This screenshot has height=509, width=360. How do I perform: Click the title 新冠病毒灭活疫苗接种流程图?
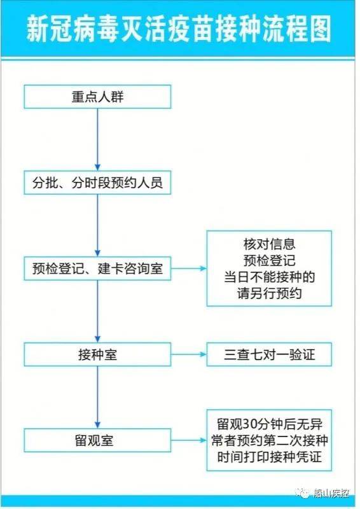point(180,29)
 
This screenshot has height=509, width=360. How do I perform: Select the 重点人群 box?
point(97,97)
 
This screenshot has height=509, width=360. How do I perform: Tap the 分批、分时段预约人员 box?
point(97,183)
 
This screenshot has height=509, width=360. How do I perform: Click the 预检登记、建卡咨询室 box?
point(97,269)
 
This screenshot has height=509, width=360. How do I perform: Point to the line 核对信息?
point(270,244)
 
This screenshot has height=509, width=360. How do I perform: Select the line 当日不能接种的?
point(270,277)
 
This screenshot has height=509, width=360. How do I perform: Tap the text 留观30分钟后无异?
point(270,424)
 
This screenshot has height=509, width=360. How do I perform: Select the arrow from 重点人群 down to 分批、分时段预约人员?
point(97,140)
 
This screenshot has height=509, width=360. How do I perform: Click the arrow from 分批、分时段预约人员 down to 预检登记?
point(97,226)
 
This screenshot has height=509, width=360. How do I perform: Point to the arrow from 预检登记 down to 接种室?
point(97,312)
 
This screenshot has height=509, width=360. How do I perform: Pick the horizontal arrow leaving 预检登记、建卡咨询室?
point(189,269)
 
